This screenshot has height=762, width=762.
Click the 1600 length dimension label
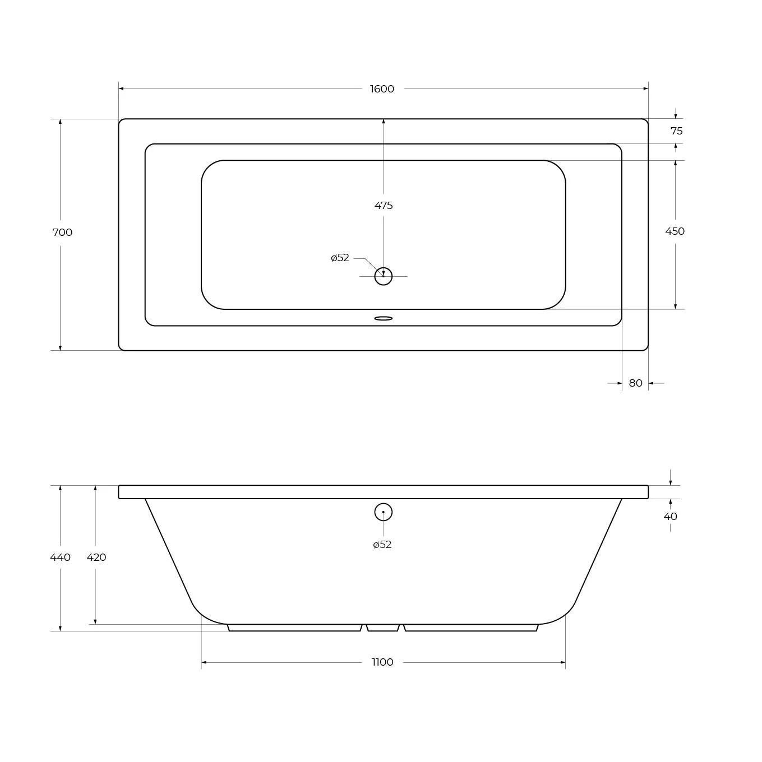(382, 89)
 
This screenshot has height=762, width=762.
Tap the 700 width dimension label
(63, 233)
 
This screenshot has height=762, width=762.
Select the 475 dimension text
(384, 206)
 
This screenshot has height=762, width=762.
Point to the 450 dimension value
(675, 231)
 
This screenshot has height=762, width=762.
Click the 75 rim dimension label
(677, 131)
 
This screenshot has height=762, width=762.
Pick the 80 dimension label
(635, 383)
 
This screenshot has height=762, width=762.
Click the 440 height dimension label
(60, 557)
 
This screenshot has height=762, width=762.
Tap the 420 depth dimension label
(96, 557)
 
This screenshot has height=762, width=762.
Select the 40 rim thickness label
(671, 516)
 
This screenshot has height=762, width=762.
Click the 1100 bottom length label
(382, 662)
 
